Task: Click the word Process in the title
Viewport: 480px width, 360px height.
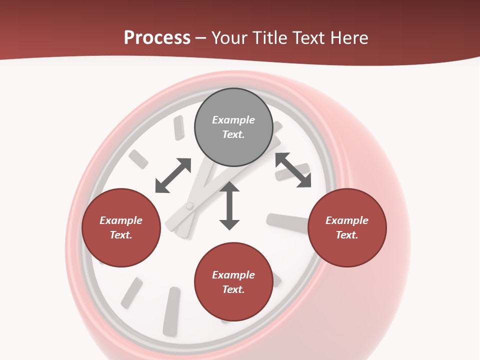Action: coord(157,38)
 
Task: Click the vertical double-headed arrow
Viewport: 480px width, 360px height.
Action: coord(229,205)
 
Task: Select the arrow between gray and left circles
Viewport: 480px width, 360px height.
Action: coord(173,175)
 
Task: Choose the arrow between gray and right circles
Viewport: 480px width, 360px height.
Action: coord(293,170)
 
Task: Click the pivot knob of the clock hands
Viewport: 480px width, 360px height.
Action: coord(189,205)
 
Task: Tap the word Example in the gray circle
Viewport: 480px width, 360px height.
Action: coord(233,120)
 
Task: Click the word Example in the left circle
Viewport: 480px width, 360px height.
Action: coord(121,220)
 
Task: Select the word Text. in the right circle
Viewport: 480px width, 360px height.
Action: coord(347,235)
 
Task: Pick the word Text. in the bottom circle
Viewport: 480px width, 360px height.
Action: coord(233,289)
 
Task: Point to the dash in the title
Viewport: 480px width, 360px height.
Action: coord(201,38)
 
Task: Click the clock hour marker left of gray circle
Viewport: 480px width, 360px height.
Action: coord(178,127)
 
